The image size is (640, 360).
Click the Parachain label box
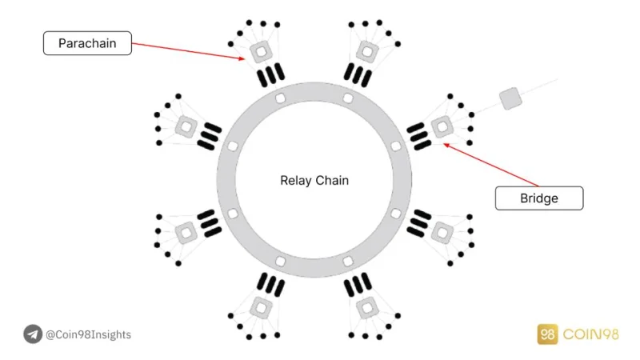87,43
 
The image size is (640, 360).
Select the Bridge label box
539,198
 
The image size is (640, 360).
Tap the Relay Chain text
314,181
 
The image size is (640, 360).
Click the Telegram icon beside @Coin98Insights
33,334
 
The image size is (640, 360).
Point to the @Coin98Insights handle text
88,334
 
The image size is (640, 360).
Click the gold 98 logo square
547,334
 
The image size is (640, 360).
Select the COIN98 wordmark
590,334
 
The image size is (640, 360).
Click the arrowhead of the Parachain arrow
242,58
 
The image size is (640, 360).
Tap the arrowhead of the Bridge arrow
446,145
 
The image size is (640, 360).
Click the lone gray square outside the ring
510,98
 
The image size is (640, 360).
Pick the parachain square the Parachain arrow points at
262,52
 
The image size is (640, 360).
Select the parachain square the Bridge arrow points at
442,127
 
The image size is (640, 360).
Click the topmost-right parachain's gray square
367,52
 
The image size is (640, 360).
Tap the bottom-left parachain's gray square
262,308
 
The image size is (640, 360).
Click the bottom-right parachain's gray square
367,308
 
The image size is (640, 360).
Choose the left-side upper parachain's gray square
186,127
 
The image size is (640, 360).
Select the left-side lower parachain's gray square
186,233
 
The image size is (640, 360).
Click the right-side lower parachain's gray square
442,233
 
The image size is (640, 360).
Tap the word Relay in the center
295,181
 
